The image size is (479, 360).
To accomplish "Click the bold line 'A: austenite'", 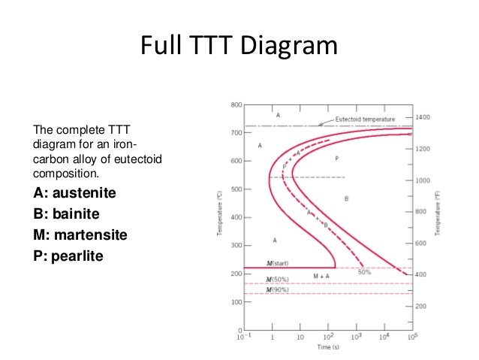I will pyautogui.click(x=75, y=193).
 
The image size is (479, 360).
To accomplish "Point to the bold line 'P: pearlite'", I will pyautogui.click(x=68, y=256).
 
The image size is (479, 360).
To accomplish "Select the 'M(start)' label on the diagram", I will pyautogui.click(x=277, y=263).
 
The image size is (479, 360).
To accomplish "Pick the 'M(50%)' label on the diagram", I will pyautogui.click(x=278, y=279).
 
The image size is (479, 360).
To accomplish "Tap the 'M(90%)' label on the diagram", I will pyautogui.click(x=278, y=289).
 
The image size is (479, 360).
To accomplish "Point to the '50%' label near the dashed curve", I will pyautogui.click(x=364, y=271).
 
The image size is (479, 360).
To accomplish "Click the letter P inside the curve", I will pyautogui.click(x=336, y=159).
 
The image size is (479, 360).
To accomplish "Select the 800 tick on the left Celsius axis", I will pyautogui.click(x=236, y=104).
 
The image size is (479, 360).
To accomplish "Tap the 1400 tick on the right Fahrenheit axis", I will pyautogui.click(x=423, y=119).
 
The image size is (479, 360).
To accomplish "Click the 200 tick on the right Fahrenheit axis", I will pyautogui.click(x=422, y=307).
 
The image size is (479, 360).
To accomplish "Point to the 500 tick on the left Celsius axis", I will pyautogui.click(x=236, y=189).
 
